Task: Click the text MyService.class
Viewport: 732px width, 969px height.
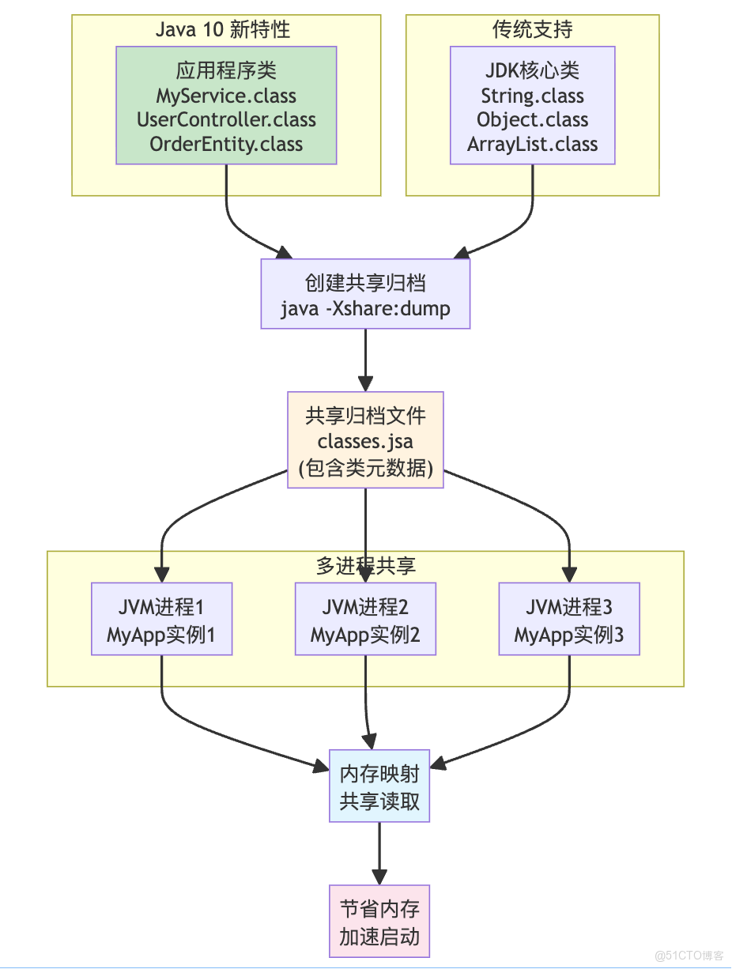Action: pyautogui.click(x=226, y=96)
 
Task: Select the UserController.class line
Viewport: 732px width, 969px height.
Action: pyautogui.click(x=226, y=120)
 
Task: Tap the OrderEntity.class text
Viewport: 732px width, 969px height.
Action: pyautogui.click(x=226, y=144)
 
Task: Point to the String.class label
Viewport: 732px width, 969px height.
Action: pyautogui.click(x=532, y=96)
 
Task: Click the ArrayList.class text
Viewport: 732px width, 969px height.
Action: pyautogui.click(x=532, y=144)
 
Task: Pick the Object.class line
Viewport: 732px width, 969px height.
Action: pyautogui.click(x=532, y=120)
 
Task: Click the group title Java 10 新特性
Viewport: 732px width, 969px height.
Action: pyautogui.click(x=223, y=30)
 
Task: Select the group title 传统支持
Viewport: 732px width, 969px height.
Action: pyautogui.click(x=532, y=30)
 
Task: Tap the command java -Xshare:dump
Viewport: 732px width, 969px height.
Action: pyautogui.click(x=365, y=307)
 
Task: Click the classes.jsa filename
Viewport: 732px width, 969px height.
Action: pyautogui.click(x=365, y=441)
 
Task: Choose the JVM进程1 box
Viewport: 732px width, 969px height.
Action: pyautogui.click(x=161, y=619)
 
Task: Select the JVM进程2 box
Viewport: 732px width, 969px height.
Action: pyautogui.click(x=365, y=619)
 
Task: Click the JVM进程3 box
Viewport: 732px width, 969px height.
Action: pyautogui.click(x=569, y=619)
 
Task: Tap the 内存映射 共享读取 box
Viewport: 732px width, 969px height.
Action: pyautogui.click(x=379, y=786)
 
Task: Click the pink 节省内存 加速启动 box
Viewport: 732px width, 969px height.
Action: pyautogui.click(x=379, y=922)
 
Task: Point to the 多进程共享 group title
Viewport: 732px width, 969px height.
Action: pyautogui.click(x=365, y=566)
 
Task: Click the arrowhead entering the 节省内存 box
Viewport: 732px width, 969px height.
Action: pyautogui.click(x=379, y=877)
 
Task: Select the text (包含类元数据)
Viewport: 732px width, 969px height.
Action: pyautogui.click(x=365, y=468)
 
